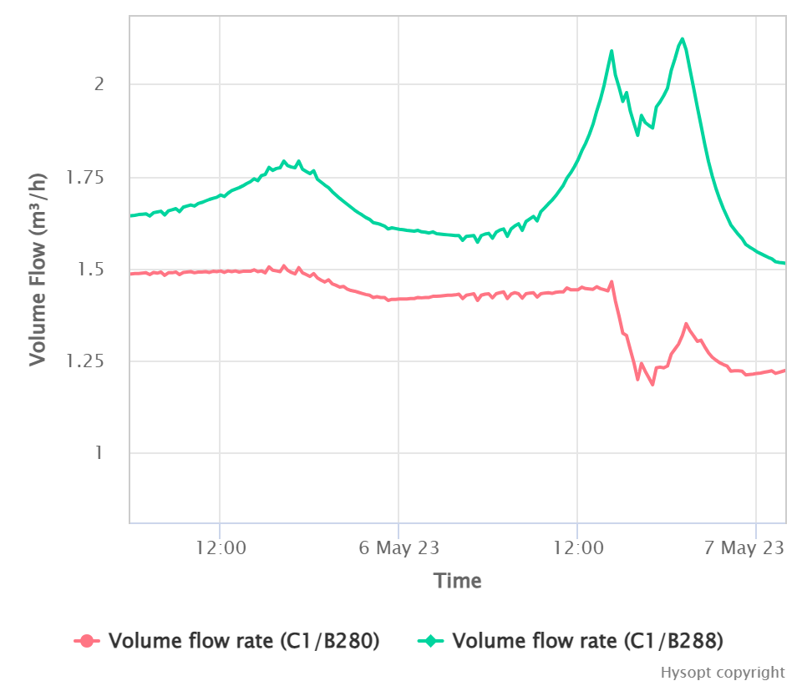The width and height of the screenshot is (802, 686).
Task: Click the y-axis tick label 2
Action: (x=99, y=84)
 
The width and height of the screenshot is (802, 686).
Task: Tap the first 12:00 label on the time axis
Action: (x=220, y=548)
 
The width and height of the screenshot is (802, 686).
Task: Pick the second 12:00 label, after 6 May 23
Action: (x=577, y=548)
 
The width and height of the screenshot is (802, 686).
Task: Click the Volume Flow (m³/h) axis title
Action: (x=38, y=269)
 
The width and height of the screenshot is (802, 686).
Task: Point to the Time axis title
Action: (x=457, y=581)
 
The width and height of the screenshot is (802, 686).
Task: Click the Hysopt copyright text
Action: (x=723, y=673)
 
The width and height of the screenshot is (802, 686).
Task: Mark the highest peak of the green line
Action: (x=683, y=38)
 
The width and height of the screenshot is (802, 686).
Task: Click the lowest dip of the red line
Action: (x=652, y=385)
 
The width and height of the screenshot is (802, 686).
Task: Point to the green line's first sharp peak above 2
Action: (x=612, y=51)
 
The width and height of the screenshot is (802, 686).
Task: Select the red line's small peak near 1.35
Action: (x=686, y=324)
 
